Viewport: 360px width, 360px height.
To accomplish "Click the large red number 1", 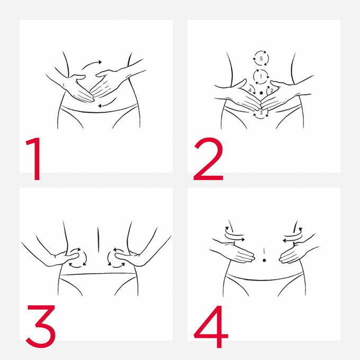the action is click(35, 159).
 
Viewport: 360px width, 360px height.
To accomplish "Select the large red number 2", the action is click(209, 159).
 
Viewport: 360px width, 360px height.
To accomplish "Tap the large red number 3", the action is click(41, 326).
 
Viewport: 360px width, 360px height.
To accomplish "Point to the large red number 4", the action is click(211, 327).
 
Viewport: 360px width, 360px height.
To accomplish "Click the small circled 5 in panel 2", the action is click(261, 59).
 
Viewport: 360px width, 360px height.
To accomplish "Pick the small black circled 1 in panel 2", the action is click(261, 76).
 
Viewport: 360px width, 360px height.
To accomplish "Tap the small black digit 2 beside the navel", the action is click(272, 91).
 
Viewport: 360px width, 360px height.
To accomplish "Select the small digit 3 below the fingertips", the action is click(261, 113).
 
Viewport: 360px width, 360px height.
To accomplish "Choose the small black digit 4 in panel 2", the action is click(250, 91).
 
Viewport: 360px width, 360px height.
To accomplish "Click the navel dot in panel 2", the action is click(261, 93).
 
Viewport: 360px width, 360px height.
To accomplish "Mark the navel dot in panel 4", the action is click(264, 260).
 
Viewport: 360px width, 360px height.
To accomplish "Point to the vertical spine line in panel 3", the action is click(98, 240).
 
